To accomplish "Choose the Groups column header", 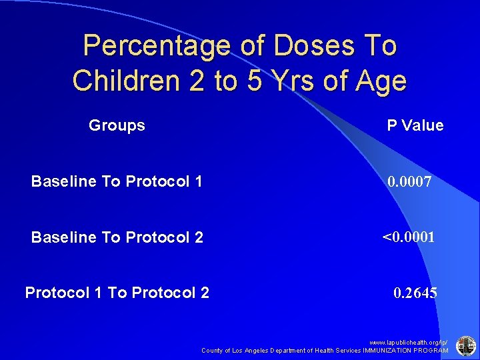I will [x=117, y=125].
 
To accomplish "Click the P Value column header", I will [x=415, y=125].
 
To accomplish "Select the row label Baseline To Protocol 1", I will [x=117, y=181].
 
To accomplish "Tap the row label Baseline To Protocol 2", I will [x=117, y=237].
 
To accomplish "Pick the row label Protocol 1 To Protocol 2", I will [x=117, y=292].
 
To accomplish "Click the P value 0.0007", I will [x=410, y=181].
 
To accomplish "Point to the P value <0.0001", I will [x=408, y=237].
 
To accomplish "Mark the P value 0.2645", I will [x=415, y=292].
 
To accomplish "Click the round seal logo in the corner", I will [x=465, y=345].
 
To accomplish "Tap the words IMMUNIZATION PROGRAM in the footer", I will [x=405, y=350].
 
